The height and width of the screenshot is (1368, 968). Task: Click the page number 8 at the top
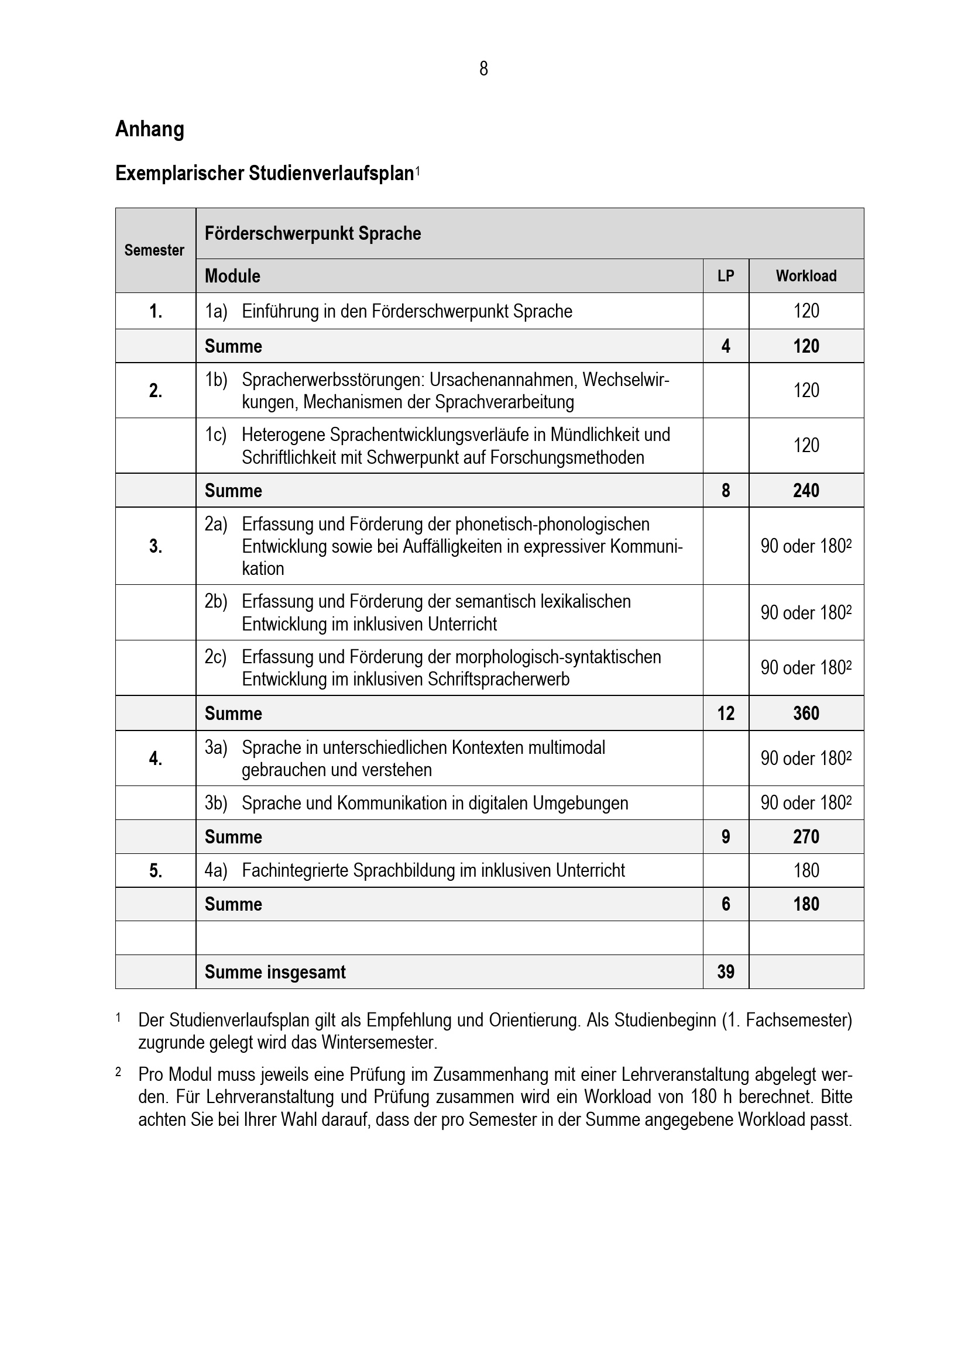483,69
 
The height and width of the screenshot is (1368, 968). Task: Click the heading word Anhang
150,129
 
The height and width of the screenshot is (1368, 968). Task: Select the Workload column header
806,276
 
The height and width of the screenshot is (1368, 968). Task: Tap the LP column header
725,276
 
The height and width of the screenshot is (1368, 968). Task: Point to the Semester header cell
155,250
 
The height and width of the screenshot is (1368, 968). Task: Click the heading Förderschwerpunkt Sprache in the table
313,233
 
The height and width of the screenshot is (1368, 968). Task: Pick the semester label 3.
156,546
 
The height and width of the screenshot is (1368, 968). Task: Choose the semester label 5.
156,871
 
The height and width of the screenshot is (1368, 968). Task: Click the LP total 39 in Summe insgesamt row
725,972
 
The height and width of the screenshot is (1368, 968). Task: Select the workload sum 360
806,713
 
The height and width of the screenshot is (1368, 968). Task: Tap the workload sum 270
806,836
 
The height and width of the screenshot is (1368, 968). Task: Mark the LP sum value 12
725,713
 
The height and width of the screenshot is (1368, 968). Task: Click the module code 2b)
216,601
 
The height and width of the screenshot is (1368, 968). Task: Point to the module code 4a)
216,870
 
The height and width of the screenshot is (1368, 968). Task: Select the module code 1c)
216,435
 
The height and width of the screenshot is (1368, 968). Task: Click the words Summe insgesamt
275,972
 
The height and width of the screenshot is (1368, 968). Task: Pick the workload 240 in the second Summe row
806,490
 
